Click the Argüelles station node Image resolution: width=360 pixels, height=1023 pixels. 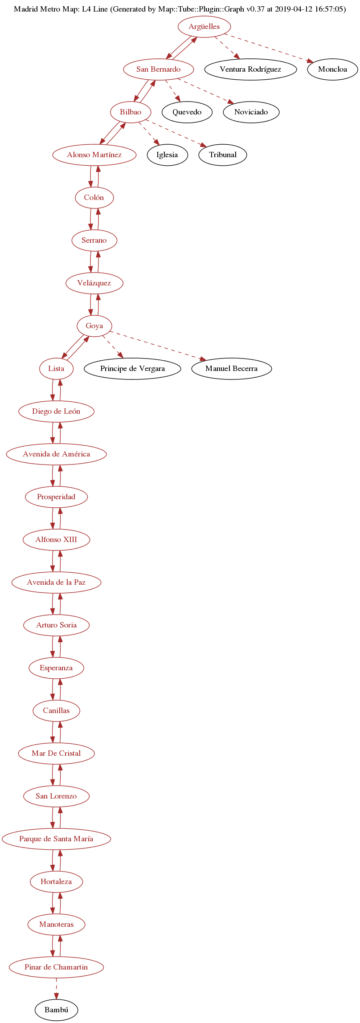coord(204,27)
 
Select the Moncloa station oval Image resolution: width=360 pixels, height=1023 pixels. coord(332,69)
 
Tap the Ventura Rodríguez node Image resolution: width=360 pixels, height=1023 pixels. coord(250,69)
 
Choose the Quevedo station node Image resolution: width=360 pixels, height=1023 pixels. coord(187,112)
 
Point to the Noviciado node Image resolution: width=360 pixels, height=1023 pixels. coord(251,112)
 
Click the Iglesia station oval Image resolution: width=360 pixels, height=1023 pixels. coord(167,155)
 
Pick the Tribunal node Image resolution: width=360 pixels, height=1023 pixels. coord(223,155)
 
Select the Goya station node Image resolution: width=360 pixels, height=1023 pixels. coord(94,326)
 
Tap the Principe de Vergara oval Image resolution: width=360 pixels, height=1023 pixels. coord(132,369)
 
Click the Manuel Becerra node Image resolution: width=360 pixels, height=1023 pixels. coord(231,369)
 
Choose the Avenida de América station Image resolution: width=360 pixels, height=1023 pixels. coord(57,454)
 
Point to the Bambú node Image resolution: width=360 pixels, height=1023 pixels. coord(57,1010)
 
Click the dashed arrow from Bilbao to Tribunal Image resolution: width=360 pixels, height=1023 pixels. coord(176,133)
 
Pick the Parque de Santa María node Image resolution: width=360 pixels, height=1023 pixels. coord(57,839)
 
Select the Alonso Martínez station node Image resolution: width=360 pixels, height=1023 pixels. coord(94,155)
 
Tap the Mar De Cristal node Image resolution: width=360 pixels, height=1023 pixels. coord(57,754)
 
